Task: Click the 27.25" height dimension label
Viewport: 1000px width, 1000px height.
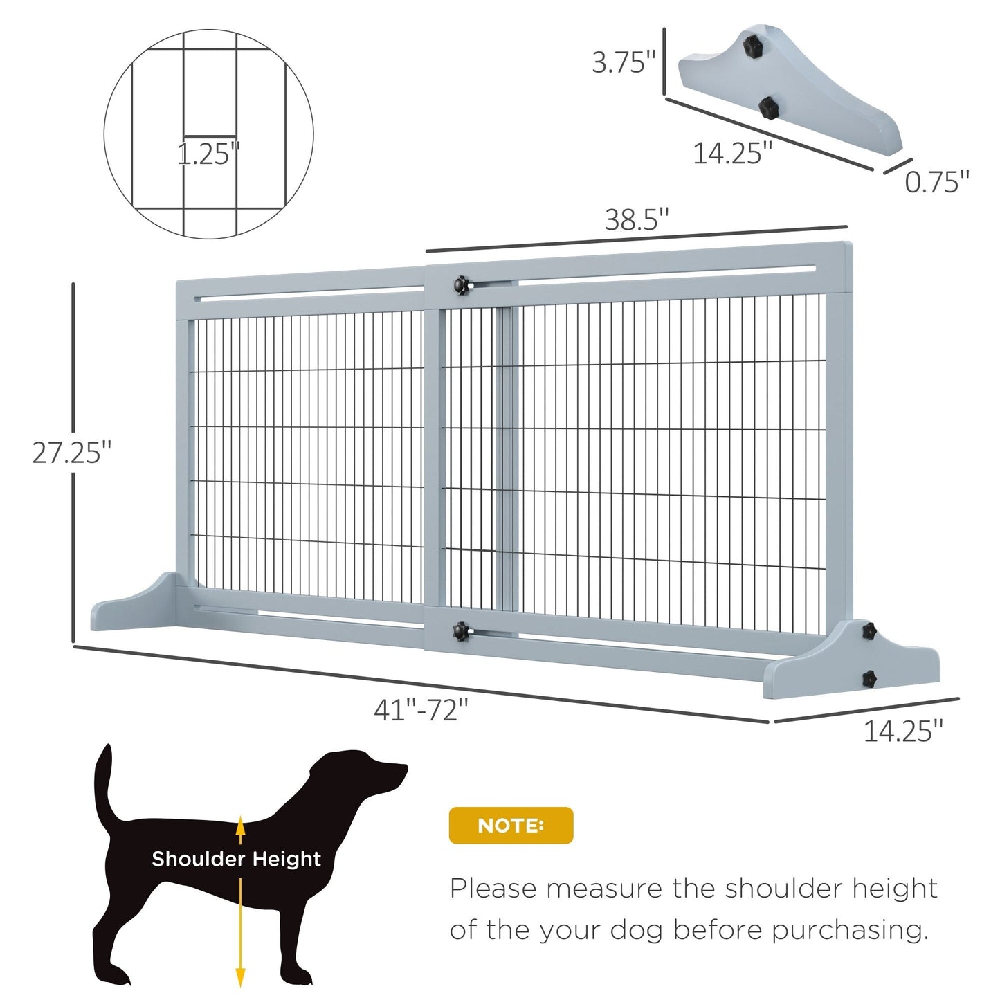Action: [71, 453]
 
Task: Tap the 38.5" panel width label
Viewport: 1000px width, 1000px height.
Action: [637, 220]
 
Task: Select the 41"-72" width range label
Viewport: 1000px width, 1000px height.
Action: [421, 710]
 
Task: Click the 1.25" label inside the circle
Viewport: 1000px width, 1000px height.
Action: [208, 154]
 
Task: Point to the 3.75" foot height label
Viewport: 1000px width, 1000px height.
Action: [623, 62]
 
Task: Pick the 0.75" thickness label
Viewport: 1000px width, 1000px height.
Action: [936, 182]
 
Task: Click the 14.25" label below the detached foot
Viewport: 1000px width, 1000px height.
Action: [731, 154]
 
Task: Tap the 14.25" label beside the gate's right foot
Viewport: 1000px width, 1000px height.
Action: [902, 731]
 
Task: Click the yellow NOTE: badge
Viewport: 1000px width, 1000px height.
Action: [511, 825]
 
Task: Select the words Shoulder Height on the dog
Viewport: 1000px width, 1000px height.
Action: [236, 859]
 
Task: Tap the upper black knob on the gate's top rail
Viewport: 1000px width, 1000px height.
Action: [460, 284]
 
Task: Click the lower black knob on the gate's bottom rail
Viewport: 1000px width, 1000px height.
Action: [460, 630]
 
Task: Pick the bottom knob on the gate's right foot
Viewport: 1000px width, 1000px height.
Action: [869, 677]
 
